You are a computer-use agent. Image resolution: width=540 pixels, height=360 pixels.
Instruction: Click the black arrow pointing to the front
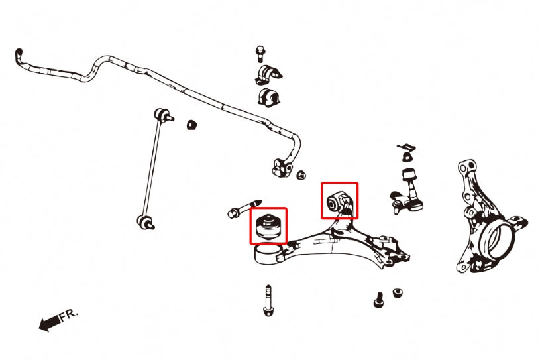point(48,324)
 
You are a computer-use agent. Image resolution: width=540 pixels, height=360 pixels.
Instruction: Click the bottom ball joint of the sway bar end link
point(144,221)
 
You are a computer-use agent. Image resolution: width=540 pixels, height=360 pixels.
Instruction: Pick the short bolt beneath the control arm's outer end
point(378,299)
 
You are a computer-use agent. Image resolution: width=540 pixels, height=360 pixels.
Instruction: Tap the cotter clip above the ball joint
point(405,147)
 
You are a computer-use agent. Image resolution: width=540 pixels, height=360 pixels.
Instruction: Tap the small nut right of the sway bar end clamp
point(301,175)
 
